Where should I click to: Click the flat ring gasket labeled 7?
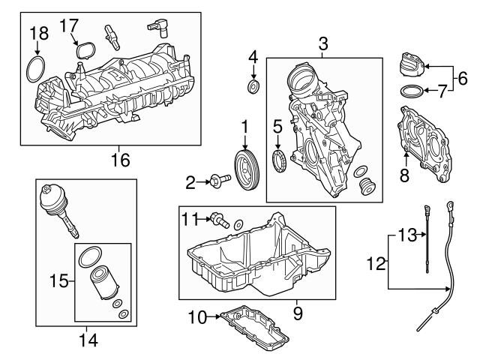(410, 93)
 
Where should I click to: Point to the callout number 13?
(406, 235)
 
